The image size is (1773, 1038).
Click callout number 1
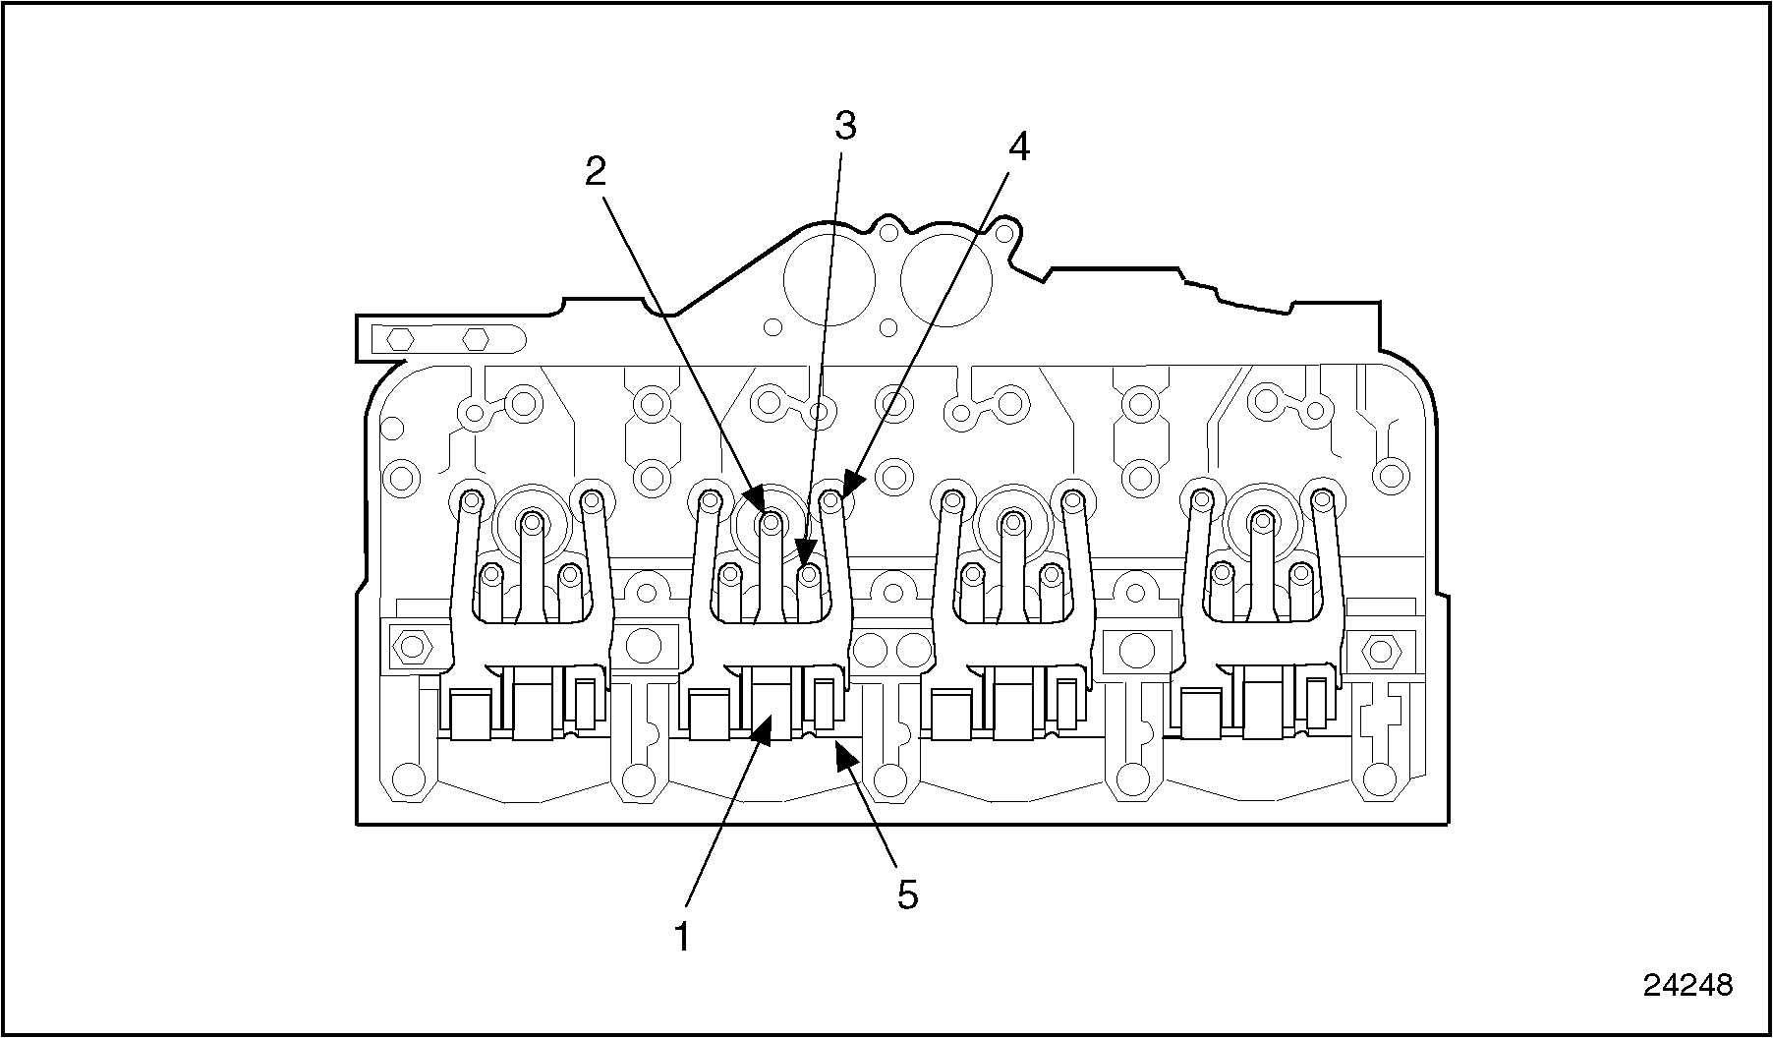[680, 935]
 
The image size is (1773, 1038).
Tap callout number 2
[596, 172]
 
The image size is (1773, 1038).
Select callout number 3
[845, 126]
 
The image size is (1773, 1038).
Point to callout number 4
[1019, 147]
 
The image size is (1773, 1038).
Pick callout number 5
[906, 894]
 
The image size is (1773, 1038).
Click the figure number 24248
[1687, 984]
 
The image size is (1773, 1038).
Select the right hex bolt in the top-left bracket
[476, 339]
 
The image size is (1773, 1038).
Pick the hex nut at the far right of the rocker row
[1381, 649]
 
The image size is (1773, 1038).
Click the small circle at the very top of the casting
[888, 232]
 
